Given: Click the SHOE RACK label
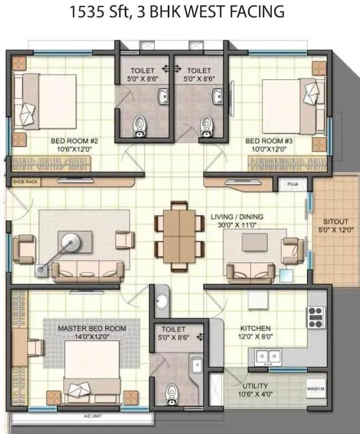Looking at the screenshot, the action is pos(25,181).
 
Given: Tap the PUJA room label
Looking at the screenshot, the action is pos(292,184).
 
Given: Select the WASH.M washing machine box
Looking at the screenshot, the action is pos(315,389).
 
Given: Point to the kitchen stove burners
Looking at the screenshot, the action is pos(316,317).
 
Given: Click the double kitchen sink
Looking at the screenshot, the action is pos(269,356).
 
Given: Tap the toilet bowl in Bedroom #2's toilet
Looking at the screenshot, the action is pos(139,126).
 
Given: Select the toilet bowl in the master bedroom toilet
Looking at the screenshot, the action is pos(172,394).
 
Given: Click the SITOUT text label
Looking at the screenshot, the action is pos(335,222).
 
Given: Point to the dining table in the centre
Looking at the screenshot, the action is pos(179,236).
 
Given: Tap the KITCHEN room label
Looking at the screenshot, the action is pos(255,328).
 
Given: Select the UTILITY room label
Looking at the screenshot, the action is pos(255,386).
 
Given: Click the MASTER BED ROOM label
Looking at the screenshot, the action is pos(92,328).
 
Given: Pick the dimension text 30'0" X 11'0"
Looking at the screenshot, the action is pos(236,225).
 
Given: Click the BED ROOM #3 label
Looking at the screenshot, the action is pos(269,141).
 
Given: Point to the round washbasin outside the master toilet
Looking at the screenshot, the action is pos(161,301).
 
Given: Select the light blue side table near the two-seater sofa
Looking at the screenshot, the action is pos(286,276).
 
